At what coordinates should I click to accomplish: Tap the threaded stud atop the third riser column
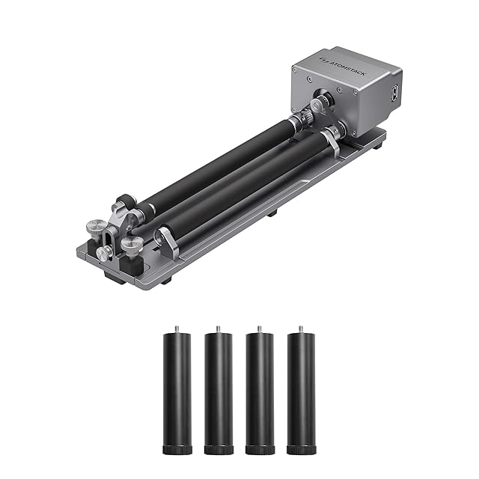point(260,329)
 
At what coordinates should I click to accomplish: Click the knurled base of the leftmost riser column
point(177,450)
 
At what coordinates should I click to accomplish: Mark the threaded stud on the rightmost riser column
point(301,329)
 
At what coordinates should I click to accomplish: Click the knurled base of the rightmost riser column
point(301,450)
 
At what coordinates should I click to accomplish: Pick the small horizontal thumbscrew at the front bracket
point(103,254)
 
